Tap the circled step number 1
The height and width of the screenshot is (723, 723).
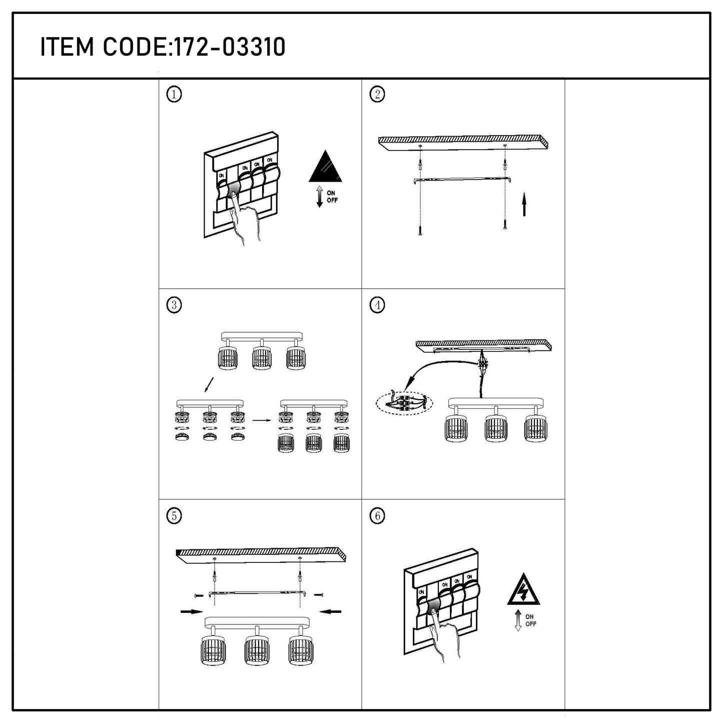174,94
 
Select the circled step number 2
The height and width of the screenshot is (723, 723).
377,94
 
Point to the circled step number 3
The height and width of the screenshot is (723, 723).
174,305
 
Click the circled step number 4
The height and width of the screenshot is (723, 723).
377,305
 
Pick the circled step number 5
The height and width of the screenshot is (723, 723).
174,516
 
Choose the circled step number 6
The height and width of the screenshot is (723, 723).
377,516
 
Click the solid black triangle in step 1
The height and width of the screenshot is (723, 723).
325,167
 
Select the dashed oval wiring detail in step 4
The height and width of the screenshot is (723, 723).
404,403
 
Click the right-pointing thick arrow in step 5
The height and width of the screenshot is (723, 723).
192,611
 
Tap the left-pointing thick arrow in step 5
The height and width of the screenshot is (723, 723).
331,611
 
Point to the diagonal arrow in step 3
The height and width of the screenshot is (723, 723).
209,385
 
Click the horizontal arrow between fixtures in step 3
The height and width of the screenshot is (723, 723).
262,420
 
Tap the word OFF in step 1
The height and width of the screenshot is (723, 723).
332,200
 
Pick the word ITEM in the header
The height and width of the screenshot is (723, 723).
67,47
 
